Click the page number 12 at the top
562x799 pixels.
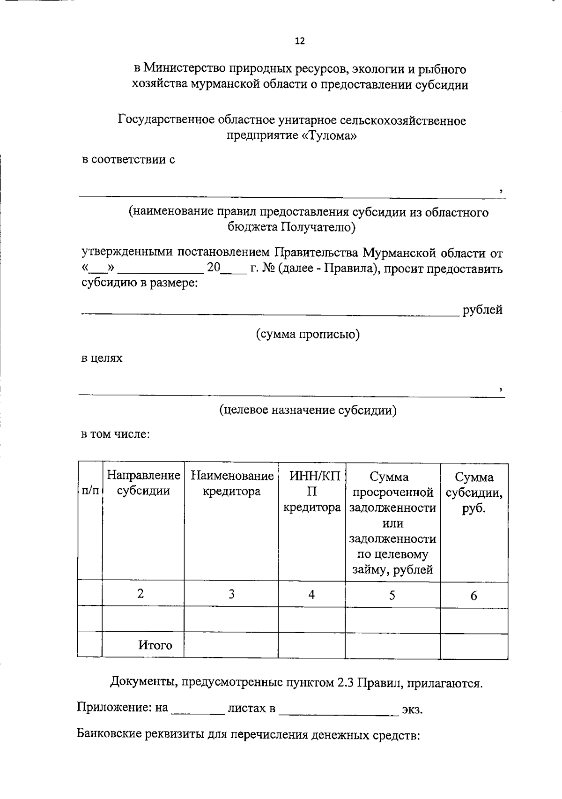pos(300,41)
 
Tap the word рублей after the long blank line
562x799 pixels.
pos(482,310)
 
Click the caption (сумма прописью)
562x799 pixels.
pos(308,335)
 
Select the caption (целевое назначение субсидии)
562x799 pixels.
pos(308,410)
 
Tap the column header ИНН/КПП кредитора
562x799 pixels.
pos(312,492)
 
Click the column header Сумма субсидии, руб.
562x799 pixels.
pos(474,493)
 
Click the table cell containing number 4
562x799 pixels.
pos(311,595)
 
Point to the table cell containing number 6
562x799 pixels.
pos(474,596)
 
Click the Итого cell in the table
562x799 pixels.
pos(155,645)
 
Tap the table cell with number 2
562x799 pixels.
pos(140,594)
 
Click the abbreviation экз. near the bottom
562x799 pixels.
pos(412,709)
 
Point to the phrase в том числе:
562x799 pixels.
pos(116,434)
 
